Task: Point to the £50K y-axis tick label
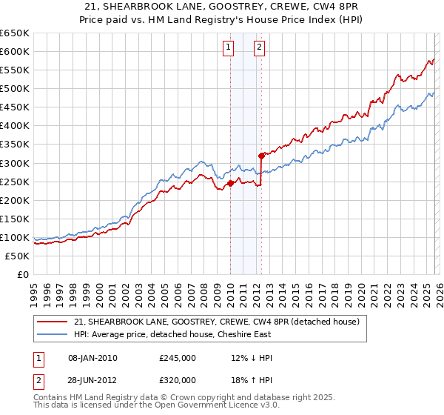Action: click(18, 256)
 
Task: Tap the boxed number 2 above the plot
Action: click(260, 48)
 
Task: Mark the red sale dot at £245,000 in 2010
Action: click(230, 183)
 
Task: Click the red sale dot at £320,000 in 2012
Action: click(261, 156)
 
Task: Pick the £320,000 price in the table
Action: click(178, 380)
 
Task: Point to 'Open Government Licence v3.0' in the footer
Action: click(215, 407)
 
